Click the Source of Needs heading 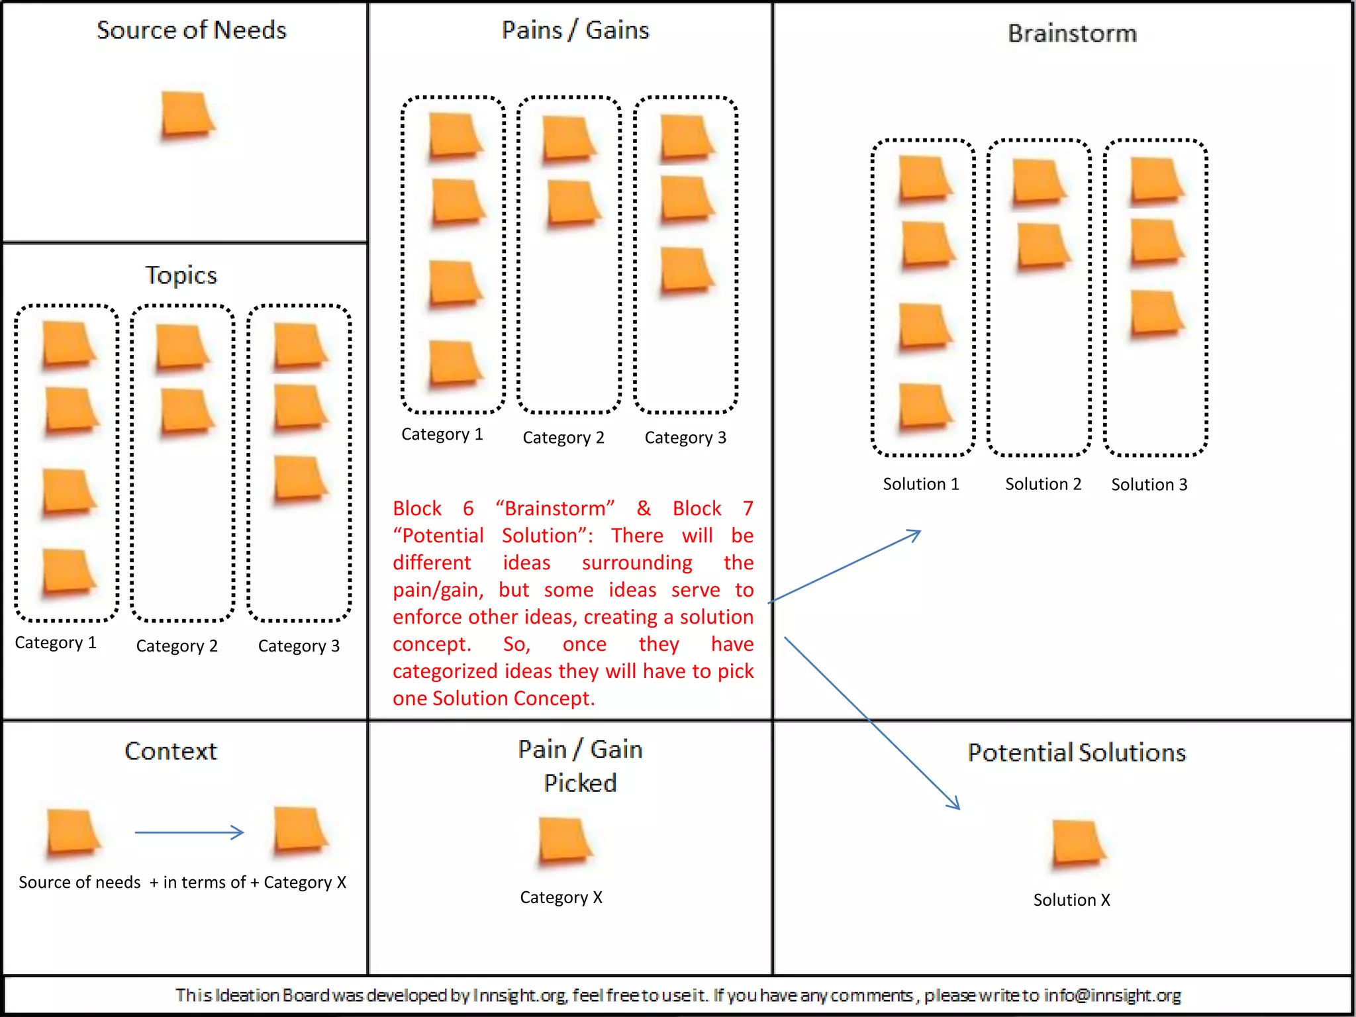pyautogui.click(x=191, y=30)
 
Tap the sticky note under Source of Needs pyautogui.click(x=187, y=115)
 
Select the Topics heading pyautogui.click(x=181, y=275)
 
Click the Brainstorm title pyautogui.click(x=1072, y=33)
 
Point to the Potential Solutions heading pyautogui.click(x=1077, y=753)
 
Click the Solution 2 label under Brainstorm pyautogui.click(x=1043, y=484)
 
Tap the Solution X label pyautogui.click(x=1071, y=900)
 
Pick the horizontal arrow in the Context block pyautogui.click(x=189, y=832)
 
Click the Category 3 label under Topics pyautogui.click(x=299, y=646)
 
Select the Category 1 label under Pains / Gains pyautogui.click(x=442, y=434)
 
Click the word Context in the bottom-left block pyautogui.click(x=171, y=751)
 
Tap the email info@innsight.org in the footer pyautogui.click(x=1112, y=995)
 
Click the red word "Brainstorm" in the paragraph pyautogui.click(x=555, y=508)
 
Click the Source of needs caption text pyautogui.click(x=79, y=882)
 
